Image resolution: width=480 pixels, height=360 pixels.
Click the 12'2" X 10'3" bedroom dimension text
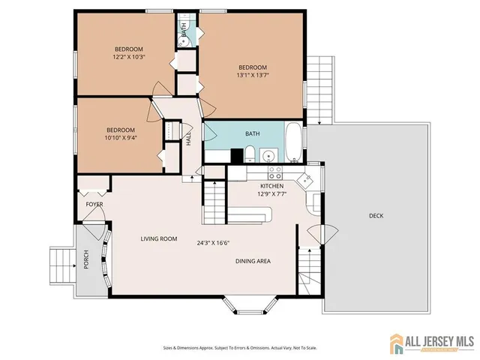(x=128, y=56)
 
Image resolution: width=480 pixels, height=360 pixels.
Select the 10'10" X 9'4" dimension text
(x=120, y=138)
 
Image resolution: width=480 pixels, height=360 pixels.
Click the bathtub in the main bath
(x=293, y=142)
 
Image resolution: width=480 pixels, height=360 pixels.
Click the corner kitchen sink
(x=305, y=180)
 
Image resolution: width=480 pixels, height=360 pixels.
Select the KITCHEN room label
(x=271, y=186)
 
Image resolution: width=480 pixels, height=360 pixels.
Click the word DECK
(x=376, y=216)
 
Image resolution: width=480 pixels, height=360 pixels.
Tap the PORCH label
(x=86, y=259)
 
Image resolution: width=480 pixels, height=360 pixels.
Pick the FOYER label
(x=94, y=204)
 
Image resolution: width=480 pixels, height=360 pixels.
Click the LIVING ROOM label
(x=159, y=239)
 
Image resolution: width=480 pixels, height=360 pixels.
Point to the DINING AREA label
(x=253, y=261)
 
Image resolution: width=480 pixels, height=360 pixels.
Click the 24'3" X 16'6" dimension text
(x=213, y=242)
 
